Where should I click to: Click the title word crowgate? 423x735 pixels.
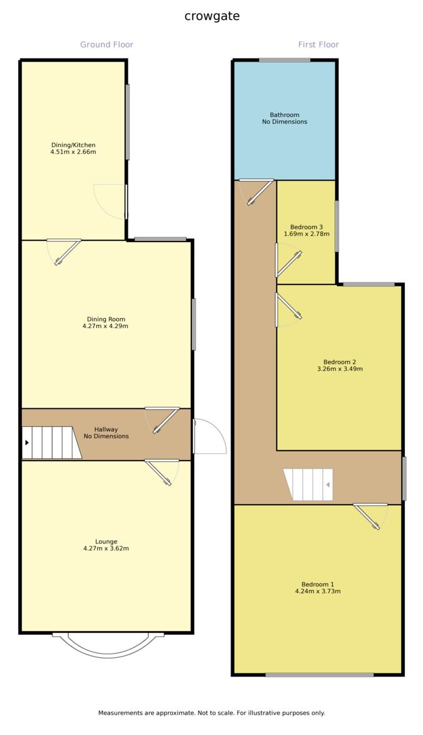212,16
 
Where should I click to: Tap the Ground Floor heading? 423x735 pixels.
107,45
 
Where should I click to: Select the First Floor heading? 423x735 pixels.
318,45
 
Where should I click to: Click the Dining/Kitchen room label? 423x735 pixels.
73,145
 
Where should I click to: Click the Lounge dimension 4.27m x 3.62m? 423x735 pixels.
106,548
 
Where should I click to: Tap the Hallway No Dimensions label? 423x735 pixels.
106,433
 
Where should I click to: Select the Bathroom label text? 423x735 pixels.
284,115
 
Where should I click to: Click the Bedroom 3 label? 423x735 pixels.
307,227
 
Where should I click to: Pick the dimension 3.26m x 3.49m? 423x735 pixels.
340,368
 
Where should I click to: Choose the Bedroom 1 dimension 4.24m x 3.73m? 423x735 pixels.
318,591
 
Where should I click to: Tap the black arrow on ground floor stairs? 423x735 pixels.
27,442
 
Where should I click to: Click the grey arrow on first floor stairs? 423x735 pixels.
325,484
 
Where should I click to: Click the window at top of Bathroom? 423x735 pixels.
285,60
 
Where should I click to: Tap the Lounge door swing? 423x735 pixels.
163,472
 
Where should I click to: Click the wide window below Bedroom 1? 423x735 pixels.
320,675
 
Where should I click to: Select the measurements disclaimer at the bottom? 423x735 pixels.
211,713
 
